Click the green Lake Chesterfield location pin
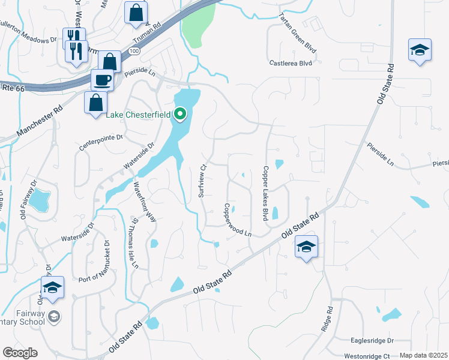pyautogui.click(x=181, y=113)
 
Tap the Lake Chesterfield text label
pyautogui.click(x=139, y=115)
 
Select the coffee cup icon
pyautogui.click(x=102, y=79)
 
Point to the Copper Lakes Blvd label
pyautogui.click(x=264, y=193)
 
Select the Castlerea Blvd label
pyautogui.click(x=291, y=62)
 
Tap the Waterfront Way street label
pyautogui.click(x=144, y=202)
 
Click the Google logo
pyautogui.click(x=20, y=353)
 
